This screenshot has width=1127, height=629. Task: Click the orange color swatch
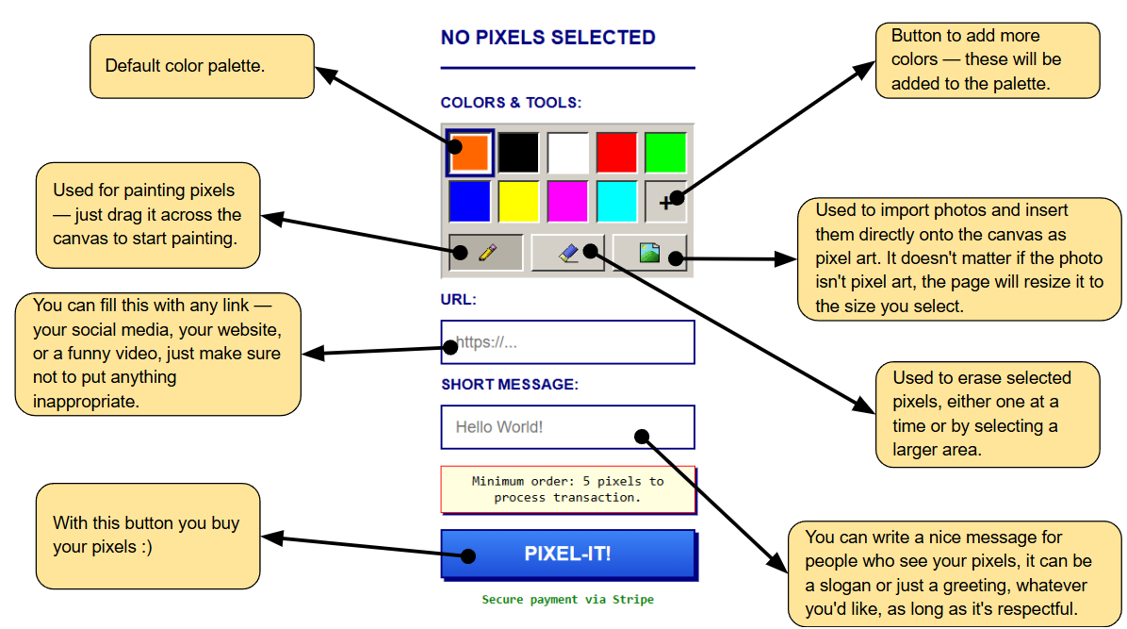point(470,153)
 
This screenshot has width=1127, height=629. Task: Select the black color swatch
point(518,153)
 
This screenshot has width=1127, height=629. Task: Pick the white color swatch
point(568,153)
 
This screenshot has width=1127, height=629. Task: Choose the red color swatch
point(616,153)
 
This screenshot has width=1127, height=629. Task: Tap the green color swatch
point(665,153)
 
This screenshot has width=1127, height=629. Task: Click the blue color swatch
point(469,202)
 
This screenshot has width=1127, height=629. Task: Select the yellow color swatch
point(518,202)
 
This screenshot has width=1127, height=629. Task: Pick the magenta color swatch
point(568,202)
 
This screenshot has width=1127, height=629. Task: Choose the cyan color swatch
point(616,202)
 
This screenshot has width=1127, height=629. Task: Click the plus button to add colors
point(665,202)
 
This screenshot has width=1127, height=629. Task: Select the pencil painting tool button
point(486,253)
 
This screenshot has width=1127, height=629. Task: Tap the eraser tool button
point(568,253)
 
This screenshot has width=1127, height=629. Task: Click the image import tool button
point(650,253)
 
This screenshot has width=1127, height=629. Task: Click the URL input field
point(568,341)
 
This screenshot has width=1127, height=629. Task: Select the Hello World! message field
point(568,427)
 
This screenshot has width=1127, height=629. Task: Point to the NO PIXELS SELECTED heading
point(547,38)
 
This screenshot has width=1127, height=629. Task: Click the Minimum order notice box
point(568,489)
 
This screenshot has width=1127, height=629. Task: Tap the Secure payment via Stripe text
point(568,600)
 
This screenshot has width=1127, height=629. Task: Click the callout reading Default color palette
point(202,66)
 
